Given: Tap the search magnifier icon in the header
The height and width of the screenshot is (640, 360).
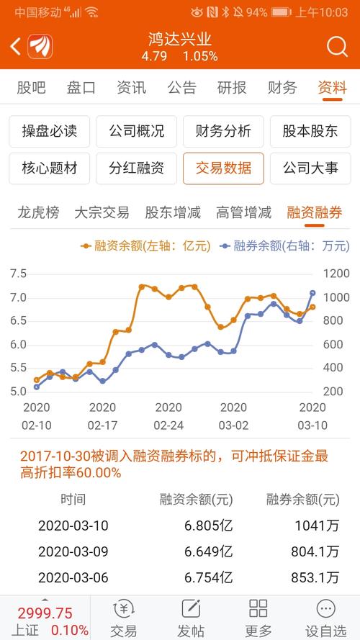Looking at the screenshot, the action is (x=337, y=47).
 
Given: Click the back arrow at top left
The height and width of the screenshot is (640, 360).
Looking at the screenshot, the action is (x=16, y=47).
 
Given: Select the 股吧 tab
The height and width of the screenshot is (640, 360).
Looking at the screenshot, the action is (x=31, y=88).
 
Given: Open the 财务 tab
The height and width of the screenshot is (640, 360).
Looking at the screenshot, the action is (x=282, y=88).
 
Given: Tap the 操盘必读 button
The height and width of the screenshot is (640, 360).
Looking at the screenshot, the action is (x=50, y=132).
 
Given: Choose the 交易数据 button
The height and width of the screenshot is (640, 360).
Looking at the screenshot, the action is (x=223, y=168).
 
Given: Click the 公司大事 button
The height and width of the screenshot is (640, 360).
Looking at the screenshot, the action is (x=310, y=168).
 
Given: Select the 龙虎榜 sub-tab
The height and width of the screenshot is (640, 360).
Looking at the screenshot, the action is (x=38, y=212).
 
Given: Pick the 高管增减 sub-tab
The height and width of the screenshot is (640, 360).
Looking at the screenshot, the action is (x=243, y=212).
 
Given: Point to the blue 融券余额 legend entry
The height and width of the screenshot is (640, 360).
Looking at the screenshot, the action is (x=285, y=246).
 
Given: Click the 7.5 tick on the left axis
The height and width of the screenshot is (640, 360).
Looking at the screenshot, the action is (x=19, y=274).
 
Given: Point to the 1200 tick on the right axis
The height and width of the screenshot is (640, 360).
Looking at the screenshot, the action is (x=336, y=274).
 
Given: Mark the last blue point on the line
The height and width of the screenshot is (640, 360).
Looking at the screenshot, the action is (x=313, y=293).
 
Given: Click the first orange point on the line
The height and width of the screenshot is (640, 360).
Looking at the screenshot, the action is (x=37, y=380).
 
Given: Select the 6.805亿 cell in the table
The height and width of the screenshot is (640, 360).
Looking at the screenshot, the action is (x=209, y=526).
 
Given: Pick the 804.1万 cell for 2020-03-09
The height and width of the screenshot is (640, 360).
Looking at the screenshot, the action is (x=315, y=552).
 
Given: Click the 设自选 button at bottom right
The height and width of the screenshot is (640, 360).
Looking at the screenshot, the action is (x=325, y=618).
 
